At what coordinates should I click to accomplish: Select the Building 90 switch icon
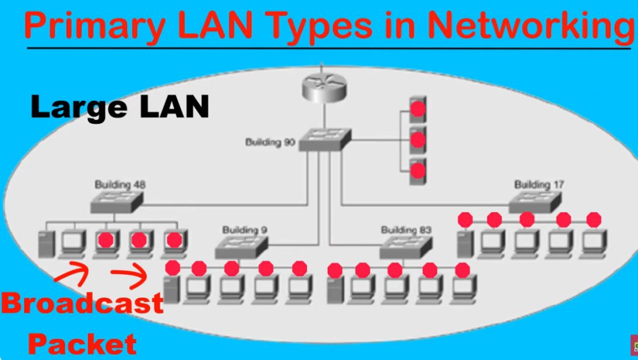pyautogui.click(x=325, y=140)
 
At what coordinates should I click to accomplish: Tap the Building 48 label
pyautogui.click(x=121, y=185)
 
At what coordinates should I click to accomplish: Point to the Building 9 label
pyautogui.click(x=244, y=230)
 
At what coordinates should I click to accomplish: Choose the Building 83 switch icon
pyautogui.click(x=406, y=246)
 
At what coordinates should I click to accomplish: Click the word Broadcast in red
pyautogui.click(x=82, y=303)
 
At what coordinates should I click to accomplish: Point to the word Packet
pyautogui.click(x=82, y=343)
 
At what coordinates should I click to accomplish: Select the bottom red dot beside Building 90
pyautogui.click(x=418, y=169)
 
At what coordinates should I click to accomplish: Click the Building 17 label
pyautogui.click(x=540, y=185)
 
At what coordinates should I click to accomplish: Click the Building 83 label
pyautogui.click(x=406, y=230)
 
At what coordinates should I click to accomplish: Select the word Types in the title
pyautogui.click(x=318, y=26)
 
